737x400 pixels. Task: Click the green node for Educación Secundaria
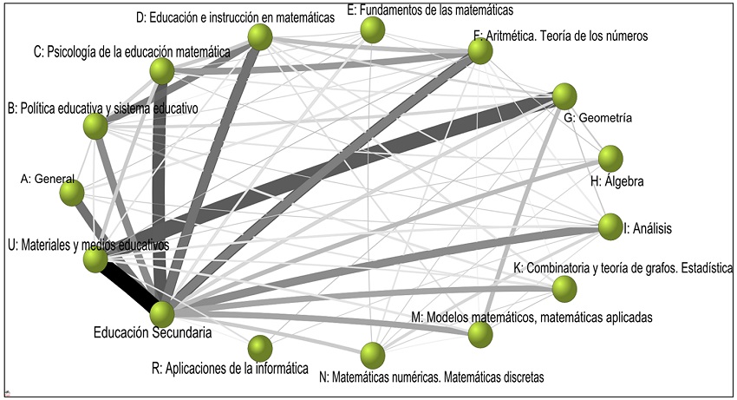pos(162,313)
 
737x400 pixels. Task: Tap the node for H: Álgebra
pos(611,159)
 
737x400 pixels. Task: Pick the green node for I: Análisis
pos(610,226)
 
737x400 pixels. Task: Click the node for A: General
pos(72,192)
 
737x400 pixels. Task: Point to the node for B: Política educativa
pos(95,127)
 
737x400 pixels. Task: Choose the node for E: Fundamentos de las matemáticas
pos(373,31)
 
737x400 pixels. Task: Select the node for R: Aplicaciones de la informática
pos(259,348)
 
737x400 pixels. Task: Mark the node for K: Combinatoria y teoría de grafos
pos(564,287)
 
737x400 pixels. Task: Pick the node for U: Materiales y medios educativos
pos(95,258)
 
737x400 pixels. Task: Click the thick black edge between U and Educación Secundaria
pos(128,285)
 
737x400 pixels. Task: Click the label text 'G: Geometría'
pos(604,117)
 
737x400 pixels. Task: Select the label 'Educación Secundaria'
pos(153,331)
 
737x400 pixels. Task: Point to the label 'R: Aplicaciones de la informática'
pos(230,369)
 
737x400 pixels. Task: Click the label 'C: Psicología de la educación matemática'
pos(132,52)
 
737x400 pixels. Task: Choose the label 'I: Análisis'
pos(648,229)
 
